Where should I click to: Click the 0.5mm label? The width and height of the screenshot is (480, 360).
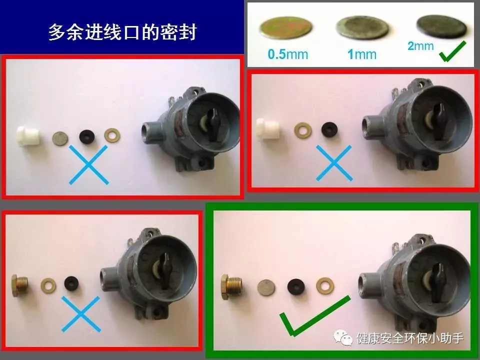(x=287, y=54)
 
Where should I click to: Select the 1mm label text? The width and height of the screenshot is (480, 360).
(x=362, y=54)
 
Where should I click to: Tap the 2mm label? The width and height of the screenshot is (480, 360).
(x=420, y=46)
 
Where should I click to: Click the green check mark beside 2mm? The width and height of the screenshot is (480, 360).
(x=452, y=51)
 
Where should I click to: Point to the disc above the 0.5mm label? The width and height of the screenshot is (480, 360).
(x=286, y=27)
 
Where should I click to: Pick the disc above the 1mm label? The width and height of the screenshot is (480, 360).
(x=362, y=27)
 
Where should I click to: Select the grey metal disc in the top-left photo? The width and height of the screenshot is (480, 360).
(x=60, y=138)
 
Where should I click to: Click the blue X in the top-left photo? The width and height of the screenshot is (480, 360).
(x=88, y=164)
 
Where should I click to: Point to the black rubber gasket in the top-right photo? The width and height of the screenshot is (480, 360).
(x=329, y=129)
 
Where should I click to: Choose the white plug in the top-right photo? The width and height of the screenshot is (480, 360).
(x=267, y=130)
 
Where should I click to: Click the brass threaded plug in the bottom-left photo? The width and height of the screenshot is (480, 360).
(x=19, y=285)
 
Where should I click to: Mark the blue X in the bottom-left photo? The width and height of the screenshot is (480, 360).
(x=81, y=314)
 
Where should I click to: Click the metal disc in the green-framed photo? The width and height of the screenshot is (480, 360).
(x=266, y=288)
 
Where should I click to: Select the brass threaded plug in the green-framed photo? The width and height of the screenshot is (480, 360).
(x=231, y=287)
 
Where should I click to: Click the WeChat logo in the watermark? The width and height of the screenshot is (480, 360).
(x=343, y=337)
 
